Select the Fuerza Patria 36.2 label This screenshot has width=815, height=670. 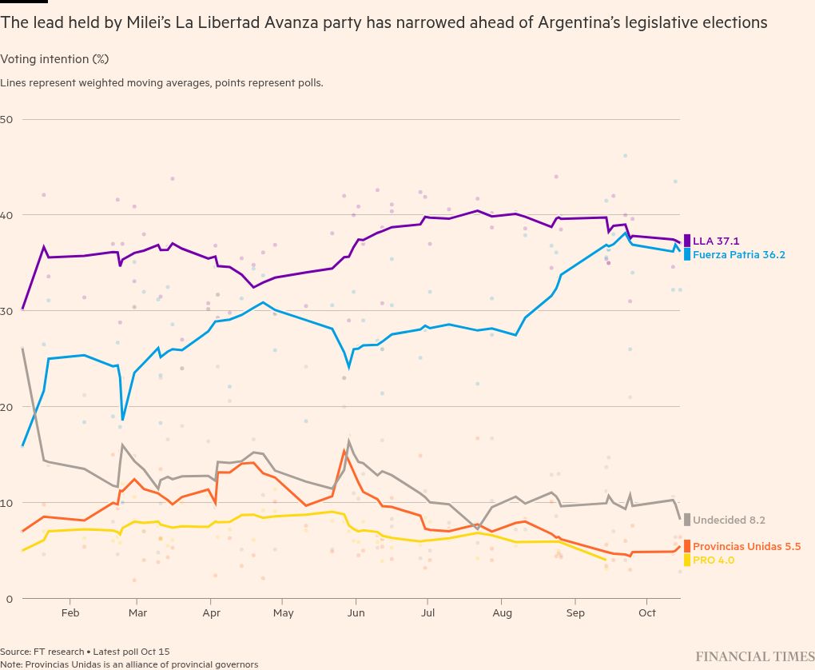[738, 255]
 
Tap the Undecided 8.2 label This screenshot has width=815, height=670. [729, 520]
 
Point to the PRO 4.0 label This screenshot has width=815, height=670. [714, 560]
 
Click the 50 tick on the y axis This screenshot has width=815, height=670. [7, 119]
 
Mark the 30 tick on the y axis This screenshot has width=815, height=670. [7, 311]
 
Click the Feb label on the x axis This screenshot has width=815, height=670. [70, 613]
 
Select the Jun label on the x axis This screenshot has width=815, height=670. [356, 613]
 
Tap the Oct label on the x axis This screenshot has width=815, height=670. [646, 613]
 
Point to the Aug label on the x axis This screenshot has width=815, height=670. [501, 613]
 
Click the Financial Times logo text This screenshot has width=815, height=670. [754, 656]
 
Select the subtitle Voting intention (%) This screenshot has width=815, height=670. [54, 59]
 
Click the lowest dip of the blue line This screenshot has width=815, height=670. [122, 419]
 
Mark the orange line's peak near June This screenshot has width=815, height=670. [344, 451]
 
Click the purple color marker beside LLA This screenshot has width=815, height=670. [687, 240]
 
